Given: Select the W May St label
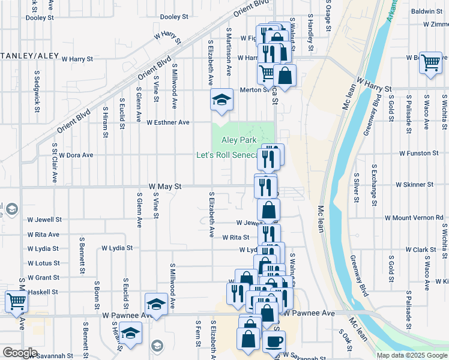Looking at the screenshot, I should [x=165, y=187].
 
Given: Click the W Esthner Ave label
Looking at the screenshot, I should [x=168, y=122].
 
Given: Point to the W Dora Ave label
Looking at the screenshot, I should [x=75, y=155].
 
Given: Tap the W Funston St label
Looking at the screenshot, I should [x=427, y=154].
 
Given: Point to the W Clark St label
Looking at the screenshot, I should [x=420, y=250].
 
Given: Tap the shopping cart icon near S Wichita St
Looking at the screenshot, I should [x=431, y=62].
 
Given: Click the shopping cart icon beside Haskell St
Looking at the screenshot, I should [x=17, y=302].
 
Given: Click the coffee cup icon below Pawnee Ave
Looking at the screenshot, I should [x=274, y=342].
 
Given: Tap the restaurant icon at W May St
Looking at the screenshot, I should [x=265, y=186].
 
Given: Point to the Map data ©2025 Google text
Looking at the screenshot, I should [x=411, y=355].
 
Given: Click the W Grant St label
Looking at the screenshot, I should [x=43, y=278].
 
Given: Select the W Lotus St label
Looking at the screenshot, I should [x=43, y=263].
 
